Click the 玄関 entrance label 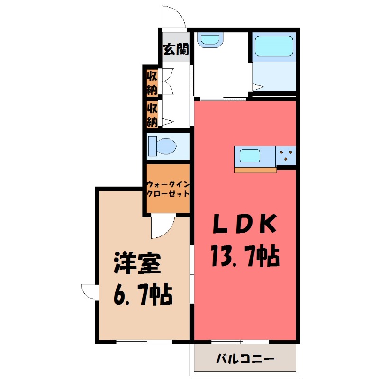[176, 50]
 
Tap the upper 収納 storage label [152, 81]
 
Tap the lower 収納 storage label [152, 114]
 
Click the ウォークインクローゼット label [168, 189]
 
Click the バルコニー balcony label [245, 359]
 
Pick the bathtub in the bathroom [274, 48]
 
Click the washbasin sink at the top [210, 40]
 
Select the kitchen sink [250, 155]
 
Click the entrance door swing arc [173, 18]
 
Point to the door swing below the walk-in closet [161, 227]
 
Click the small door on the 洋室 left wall [89, 290]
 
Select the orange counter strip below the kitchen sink [255, 170]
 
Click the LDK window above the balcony [241, 341]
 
